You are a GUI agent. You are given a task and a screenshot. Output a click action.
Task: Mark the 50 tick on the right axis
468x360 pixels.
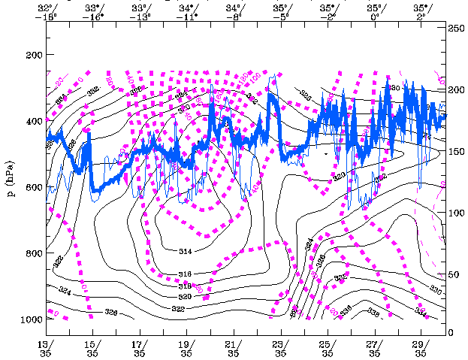(x=454, y=275)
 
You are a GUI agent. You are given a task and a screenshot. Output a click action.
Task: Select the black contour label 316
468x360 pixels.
(x=186, y=274)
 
